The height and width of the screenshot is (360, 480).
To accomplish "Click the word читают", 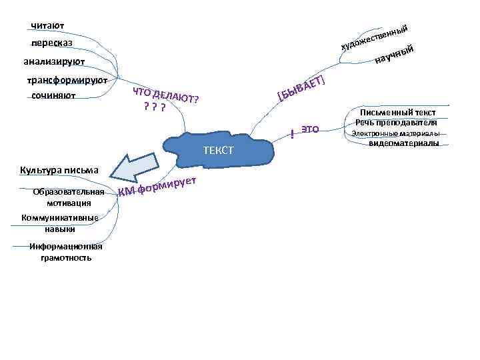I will click(x=47, y=26).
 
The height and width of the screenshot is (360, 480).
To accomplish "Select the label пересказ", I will click(x=52, y=43).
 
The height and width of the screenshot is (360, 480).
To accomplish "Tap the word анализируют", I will click(x=53, y=62).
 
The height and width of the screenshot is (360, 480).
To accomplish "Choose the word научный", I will click(x=396, y=56).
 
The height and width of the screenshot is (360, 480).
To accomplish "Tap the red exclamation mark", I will click(x=292, y=133).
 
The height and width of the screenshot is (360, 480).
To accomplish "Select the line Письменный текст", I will click(x=397, y=113).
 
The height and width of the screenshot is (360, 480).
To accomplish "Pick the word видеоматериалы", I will click(x=403, y=143).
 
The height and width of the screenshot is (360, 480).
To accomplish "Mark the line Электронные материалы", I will click(x=395, y=133).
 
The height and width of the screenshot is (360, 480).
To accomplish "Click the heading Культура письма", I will click(x=59, y=169).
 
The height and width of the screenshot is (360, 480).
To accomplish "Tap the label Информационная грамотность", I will click(x=65, y=251).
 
